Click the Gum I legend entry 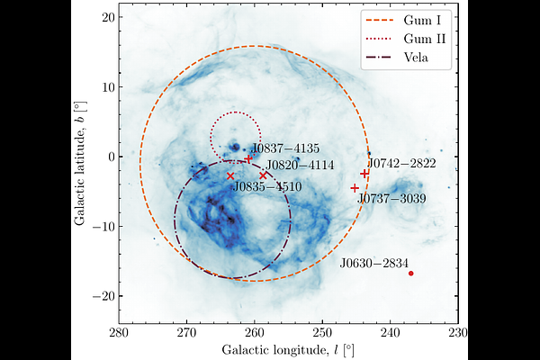click(403, 21)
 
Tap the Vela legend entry click(397, 57)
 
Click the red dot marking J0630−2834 click(411, 274)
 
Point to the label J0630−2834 click(374, 264)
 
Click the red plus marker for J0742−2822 click(364, 174)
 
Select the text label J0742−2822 click(401, 163)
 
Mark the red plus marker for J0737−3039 click(355, 188)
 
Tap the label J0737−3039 click(391, 199)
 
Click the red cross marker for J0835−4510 click(230, 176)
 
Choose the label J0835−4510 click(267, 187)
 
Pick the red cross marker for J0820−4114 click(263, 176)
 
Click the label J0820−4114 click(300, 166)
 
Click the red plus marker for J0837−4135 click(248, 158)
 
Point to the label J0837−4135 click(285, 148)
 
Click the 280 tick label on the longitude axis click(119, 334)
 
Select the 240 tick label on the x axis click(391, 334)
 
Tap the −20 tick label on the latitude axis click(103, 296)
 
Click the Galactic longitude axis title click(288, 350)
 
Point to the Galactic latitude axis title click(79, 163)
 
